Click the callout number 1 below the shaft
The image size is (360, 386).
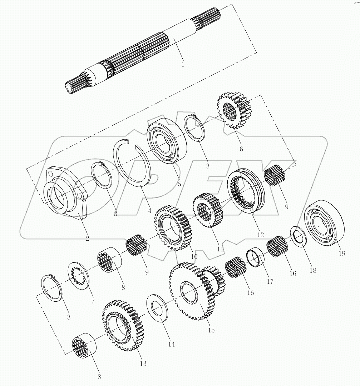click(x=182, y=65)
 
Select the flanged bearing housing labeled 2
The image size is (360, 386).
click(x=64, y=193)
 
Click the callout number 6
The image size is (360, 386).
click(x=241, y=149)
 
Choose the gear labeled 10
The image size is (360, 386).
click(x=173, y=227)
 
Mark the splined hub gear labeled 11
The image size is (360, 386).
click(x=208, y=211)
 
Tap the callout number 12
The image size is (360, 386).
click(x=260, y=235)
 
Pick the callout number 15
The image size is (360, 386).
click(x=211, y=330)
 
